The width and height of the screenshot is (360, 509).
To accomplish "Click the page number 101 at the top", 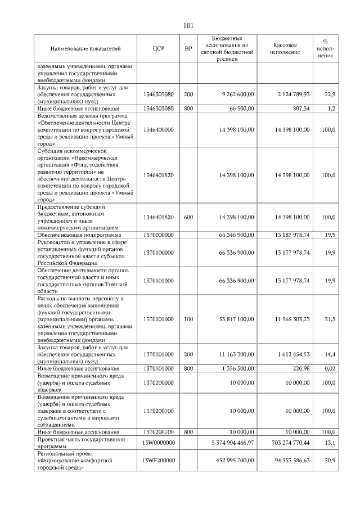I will point(188,25).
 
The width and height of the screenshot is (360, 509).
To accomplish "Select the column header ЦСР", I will point(159,49).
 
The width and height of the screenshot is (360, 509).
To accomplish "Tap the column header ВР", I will point(188,49).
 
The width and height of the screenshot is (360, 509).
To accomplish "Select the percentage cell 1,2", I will point(332,109).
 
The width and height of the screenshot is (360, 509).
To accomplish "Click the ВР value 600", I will point(188,217).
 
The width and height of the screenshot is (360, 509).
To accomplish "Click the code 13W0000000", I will point(159,443).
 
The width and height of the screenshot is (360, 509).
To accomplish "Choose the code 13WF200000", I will point(159,461).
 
